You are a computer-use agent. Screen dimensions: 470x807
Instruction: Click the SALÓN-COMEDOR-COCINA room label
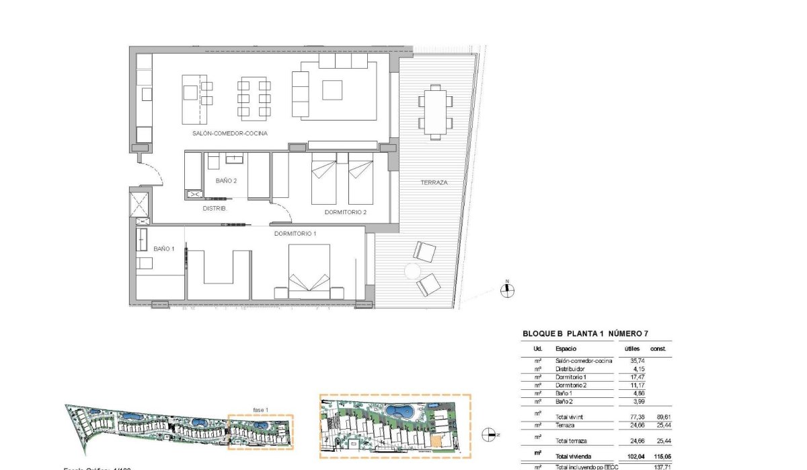229,133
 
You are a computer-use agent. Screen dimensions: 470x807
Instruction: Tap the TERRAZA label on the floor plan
434,182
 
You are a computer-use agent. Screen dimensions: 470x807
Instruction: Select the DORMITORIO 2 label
345,212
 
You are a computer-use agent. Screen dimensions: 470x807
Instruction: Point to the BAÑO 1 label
163,248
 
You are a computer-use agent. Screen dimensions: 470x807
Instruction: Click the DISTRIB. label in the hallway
215,209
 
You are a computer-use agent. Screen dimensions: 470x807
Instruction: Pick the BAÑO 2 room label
226,180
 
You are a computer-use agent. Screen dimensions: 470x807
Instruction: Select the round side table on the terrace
412,271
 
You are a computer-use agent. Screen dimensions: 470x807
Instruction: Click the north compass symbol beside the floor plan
508,290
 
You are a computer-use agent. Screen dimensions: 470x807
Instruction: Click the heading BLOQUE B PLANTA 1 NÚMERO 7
585,333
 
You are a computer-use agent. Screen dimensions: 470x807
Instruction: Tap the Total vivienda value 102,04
634,457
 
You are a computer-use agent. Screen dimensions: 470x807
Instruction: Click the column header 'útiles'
631,349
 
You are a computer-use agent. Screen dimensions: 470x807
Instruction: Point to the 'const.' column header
658,349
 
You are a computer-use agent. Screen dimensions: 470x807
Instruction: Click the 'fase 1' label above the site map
260,409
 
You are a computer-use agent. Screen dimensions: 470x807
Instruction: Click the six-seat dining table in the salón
254,99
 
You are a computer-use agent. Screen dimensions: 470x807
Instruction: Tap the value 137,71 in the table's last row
663,466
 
